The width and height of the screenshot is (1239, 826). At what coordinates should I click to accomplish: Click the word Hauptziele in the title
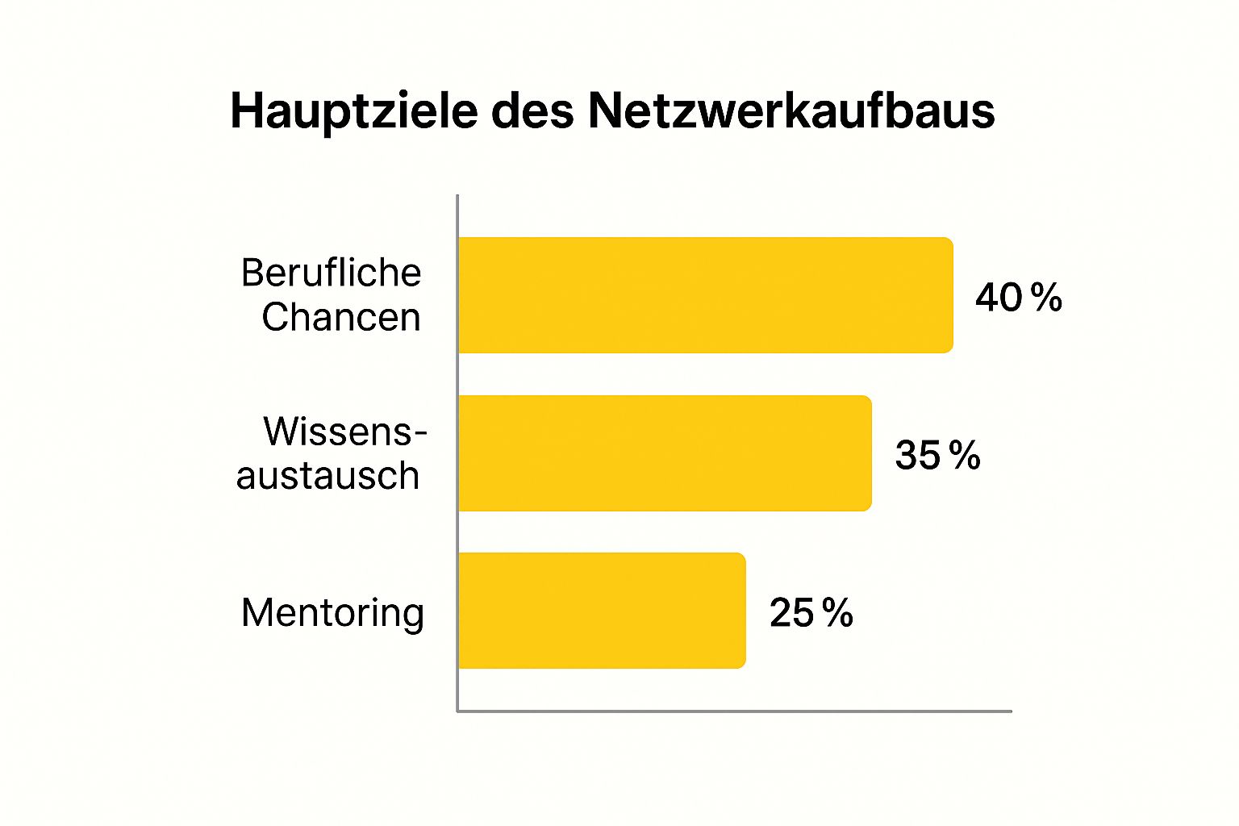click(353, 111)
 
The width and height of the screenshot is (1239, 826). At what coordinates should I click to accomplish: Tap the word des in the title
click(532, 111)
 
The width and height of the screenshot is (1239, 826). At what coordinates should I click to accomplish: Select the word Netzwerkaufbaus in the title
click(791, 111)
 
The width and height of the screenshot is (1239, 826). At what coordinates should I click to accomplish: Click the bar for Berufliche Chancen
click(705, 295)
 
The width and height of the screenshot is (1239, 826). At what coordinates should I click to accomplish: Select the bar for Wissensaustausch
click(665, 453)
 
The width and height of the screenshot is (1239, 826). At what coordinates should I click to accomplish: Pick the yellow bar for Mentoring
click(602, 611)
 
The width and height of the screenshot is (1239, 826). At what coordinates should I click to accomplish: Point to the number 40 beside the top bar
click(999, 298)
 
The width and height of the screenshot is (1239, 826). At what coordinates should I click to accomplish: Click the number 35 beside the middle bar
click(918, 456)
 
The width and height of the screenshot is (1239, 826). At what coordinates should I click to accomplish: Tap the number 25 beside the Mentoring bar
click(791, 613)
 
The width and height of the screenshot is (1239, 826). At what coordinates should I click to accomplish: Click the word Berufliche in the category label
click(331, 273)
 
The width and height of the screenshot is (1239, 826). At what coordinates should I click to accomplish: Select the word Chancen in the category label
click(340, 317)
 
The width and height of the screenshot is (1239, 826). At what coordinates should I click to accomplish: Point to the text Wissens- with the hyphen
click(344, 432)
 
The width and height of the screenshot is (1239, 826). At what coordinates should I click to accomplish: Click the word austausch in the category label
click(327, 476)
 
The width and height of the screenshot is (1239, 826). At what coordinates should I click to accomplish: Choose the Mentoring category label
click(332, 613)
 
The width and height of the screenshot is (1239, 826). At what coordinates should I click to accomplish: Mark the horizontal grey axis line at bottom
click(734, 711)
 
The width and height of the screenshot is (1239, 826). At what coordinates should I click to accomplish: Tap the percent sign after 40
click(1046, 298)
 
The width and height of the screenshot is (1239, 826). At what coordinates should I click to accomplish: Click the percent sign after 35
click(965, 456)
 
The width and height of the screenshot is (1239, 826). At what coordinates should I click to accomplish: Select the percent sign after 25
click(838, 613)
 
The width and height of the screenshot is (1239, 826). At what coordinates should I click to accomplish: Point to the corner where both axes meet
click(457, 711)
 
